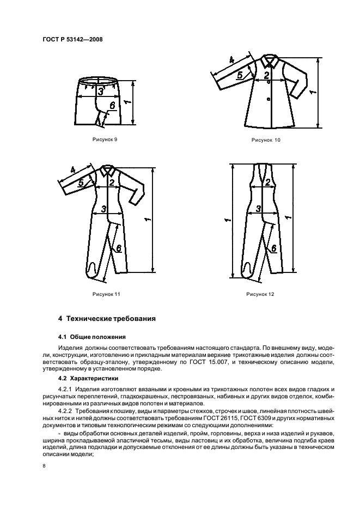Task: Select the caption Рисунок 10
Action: click(266, 140)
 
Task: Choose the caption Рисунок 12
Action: click(260, 294)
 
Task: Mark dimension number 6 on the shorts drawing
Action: click(112, 107)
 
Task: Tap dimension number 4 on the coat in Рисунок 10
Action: click(231, 60)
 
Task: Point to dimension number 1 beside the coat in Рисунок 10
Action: click(311, 93)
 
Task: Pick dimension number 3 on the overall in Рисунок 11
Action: click(103, 209)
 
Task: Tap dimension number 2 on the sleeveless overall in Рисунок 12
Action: click(267, 184)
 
